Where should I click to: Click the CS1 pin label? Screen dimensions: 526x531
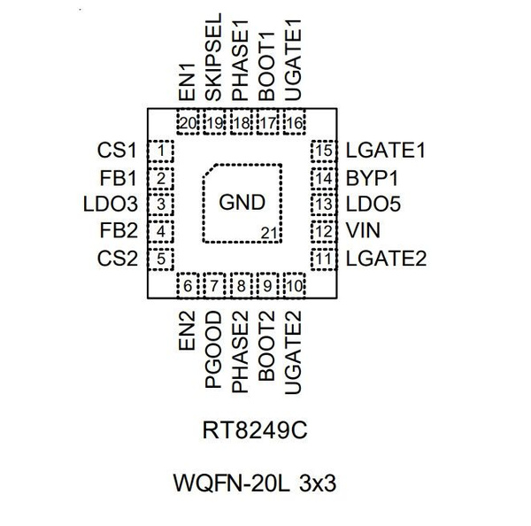[117, 151]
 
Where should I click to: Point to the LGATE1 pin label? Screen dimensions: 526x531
[387, 151]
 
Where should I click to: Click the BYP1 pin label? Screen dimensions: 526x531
[371, 178]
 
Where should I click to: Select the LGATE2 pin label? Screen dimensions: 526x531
[387, 259]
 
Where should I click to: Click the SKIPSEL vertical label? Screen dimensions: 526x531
[213, 67]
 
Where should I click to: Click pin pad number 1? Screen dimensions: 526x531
[160, 151]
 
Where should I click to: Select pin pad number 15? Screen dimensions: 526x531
[323, 151]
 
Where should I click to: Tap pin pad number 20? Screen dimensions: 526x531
[187, 123]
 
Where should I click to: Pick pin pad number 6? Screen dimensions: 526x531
[187, 287]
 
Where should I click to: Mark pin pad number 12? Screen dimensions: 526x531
[323, 233]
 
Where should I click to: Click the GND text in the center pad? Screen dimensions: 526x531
[242, 202]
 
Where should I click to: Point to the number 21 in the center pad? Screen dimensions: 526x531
[270, 233]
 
